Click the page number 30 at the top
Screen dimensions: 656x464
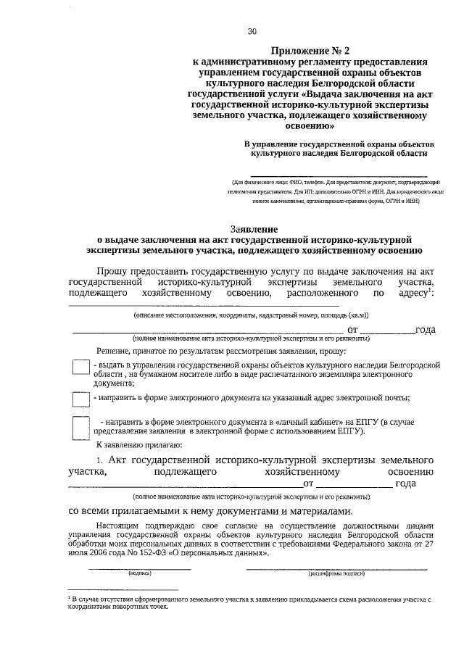tap(252, 31)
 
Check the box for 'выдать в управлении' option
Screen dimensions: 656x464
tap(80, 368)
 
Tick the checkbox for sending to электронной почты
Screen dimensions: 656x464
tap(80, 399)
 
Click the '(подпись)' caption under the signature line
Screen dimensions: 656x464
tap(139, 573)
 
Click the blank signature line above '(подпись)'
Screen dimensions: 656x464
tap(139, 568)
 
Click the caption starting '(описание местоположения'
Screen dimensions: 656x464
tap(250, 316)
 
